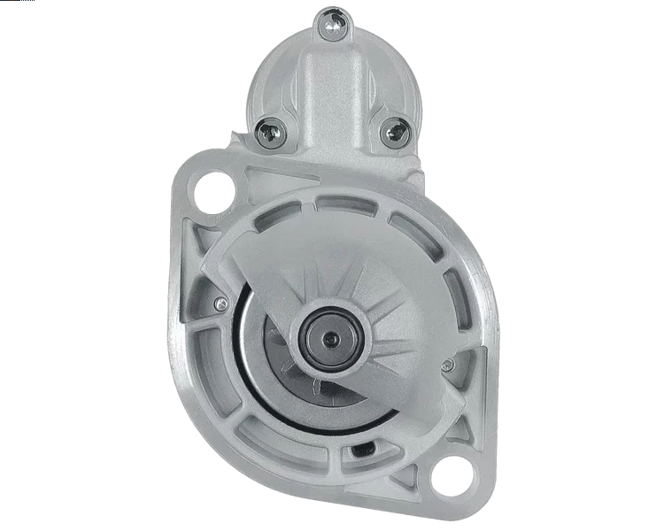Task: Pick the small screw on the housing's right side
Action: click(x=448, y=365)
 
